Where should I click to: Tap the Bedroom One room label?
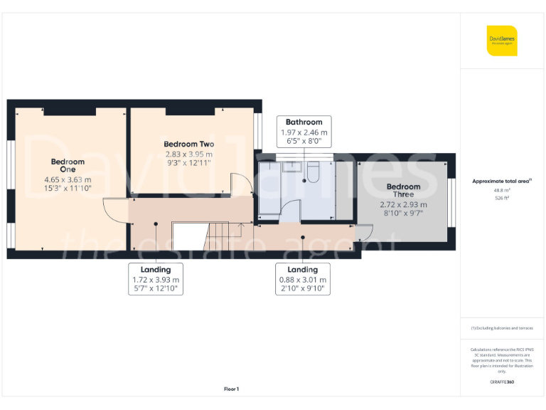click(x=68, y=166)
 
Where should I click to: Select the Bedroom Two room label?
click(x=188, y=144)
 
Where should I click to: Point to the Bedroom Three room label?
click(x=403, y=190)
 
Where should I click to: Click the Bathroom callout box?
click(x=304, y=131)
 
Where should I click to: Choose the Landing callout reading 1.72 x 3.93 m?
click(x=156, y=279)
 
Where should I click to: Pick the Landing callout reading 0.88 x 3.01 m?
click(x=303, y=279)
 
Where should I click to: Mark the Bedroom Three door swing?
click(x=364, y=233)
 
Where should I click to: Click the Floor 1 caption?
click(x=231, y=389)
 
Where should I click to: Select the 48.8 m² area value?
click(x=502, y=190)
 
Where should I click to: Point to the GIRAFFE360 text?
click(x=502, y=382)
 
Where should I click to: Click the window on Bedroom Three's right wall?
click(x=452, y=203)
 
